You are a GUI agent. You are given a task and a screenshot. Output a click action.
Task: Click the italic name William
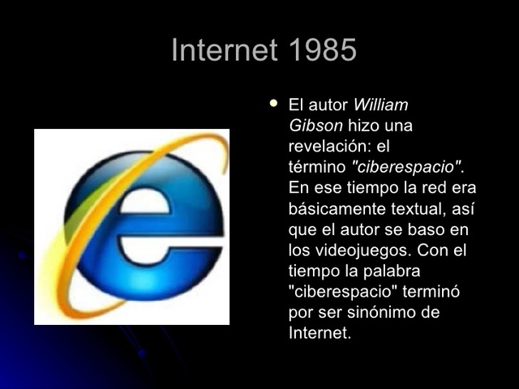click(x=381, y=105)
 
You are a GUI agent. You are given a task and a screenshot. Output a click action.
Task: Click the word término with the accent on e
click(x=316, y=168)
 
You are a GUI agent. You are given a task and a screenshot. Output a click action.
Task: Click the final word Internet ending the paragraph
click(x=319, y=333)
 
